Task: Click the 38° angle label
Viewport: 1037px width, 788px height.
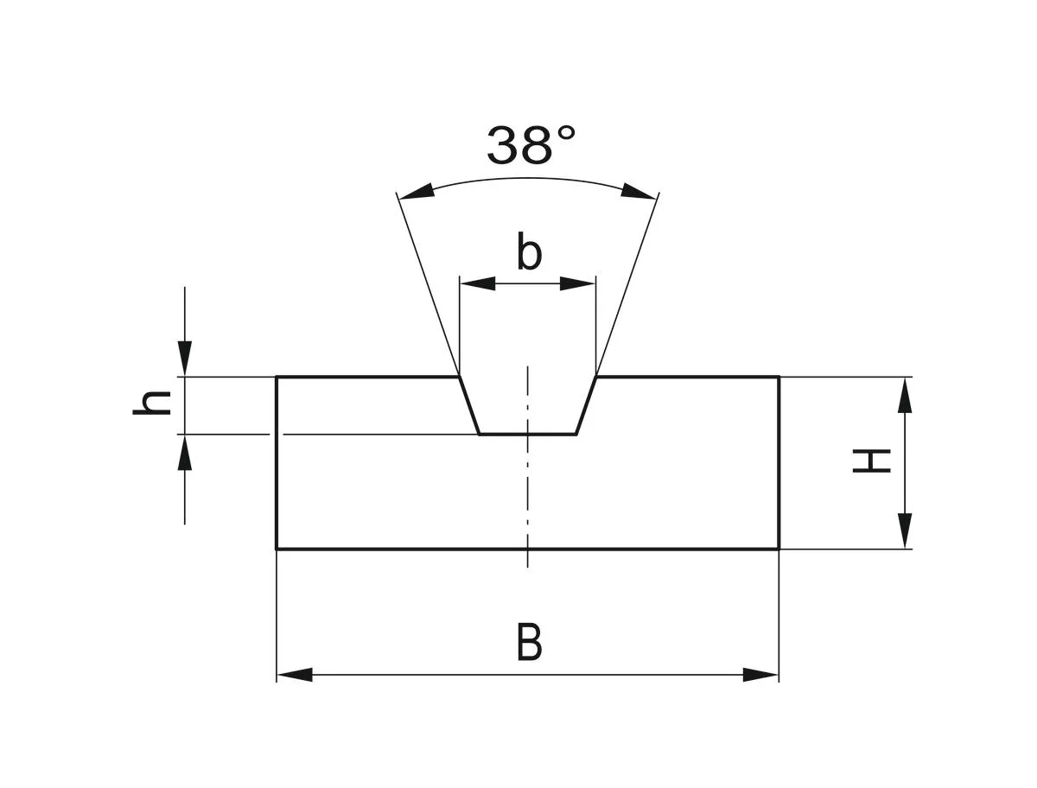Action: click(x=529, y=145)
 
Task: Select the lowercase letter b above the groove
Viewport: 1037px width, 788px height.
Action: click(x=529, y=253)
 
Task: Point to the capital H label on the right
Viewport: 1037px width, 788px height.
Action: click(x=872, y=461)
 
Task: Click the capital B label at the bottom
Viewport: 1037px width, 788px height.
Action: click(x=529, y=644)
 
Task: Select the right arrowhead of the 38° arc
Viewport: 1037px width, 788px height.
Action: click(x=639, y=192)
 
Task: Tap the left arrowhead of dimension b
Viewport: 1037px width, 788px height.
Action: click(x=478, y=283)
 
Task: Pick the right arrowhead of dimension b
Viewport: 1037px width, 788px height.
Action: click(x=578, y=283)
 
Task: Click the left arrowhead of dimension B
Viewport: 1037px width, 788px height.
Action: click(x=295, y=675)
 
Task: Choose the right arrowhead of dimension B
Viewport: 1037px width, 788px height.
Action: click(x=760, y=675)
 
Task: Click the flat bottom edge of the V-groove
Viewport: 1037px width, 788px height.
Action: click(x=528, y=434)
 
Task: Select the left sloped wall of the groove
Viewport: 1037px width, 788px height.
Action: click(x=469, y=406)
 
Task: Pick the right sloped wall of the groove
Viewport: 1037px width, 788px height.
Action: click(x=587, y=406)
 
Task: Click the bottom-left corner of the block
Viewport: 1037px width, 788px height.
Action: click(x=277, y=549)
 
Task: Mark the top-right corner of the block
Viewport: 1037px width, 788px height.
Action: click(x=779, y=378)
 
